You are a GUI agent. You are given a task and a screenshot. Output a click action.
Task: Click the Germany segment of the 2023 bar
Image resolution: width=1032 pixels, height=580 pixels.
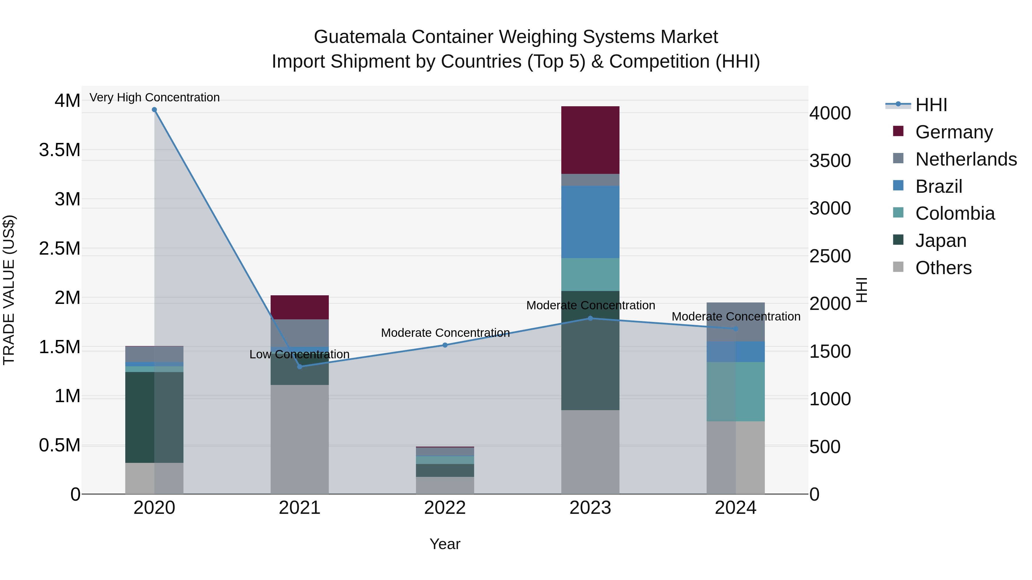point(590,140)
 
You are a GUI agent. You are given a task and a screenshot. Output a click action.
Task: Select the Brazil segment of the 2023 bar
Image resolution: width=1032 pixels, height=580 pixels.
point(590,221)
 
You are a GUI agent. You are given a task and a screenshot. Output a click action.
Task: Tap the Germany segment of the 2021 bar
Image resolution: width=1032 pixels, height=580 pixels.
point(300,307)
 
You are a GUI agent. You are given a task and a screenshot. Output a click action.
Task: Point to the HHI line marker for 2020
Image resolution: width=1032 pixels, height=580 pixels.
point(154,110)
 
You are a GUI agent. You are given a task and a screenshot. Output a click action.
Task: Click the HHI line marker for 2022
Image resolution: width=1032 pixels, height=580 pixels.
point(445,345)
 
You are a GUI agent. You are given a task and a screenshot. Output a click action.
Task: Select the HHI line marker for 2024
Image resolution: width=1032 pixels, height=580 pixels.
point(736,329)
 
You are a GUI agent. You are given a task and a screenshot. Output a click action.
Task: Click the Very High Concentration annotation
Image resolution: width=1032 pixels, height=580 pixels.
point(154,97)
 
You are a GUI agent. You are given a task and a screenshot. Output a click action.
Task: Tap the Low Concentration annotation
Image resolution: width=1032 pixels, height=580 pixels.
point(299,354)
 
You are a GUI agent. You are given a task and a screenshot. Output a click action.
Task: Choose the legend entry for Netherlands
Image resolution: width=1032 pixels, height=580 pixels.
point(965,159)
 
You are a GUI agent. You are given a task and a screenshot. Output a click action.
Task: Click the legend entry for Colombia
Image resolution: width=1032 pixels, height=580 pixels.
point(954,213)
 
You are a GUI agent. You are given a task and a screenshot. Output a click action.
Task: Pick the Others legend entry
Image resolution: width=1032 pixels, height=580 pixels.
point(943,268)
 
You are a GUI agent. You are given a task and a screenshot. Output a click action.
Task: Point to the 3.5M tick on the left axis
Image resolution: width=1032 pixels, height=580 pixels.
point(59,150)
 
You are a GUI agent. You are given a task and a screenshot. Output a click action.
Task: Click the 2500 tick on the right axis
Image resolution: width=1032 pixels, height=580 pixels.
point(830,256)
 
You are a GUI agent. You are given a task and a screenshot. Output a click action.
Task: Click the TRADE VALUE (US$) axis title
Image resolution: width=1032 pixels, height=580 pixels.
point(9,290)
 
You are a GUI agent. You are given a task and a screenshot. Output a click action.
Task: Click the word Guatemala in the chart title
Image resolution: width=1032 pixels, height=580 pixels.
point(359,37)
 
